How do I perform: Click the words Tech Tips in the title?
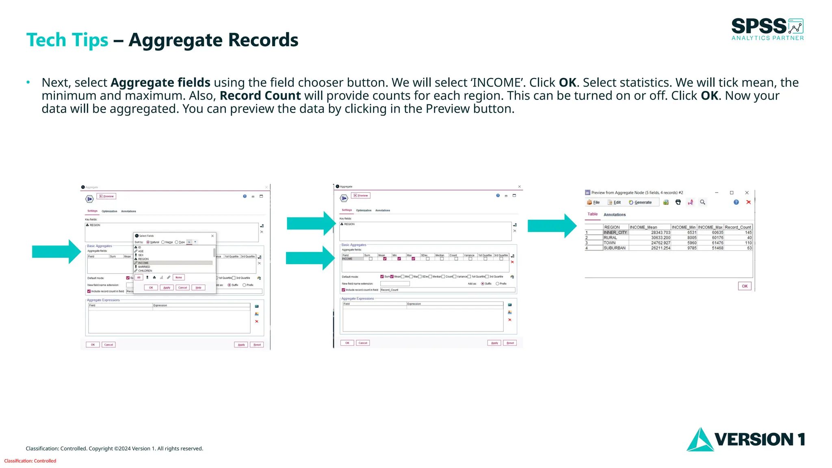coord(67,40)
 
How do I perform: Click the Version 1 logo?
coord(745,439)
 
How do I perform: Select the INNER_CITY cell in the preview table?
coord(615,232)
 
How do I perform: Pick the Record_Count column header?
coord(738,227)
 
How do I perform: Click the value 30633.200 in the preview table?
coord(661,238)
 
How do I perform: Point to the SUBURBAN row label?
coord(614,248)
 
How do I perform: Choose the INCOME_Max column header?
coord(710,227)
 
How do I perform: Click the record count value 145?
coord(748,232)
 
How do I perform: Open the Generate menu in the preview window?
coord(640,202)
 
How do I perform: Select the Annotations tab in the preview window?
coord(614,214)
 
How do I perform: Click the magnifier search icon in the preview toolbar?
coord(702,202)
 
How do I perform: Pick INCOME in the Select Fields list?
coord(143,263)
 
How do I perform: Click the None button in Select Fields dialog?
coord(179,277)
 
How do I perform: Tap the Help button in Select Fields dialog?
coord(198,288)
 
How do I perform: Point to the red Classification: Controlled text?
coord(30,461)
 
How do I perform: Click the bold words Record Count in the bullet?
coord(260,96)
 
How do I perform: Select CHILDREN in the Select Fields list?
coord(145,271)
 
